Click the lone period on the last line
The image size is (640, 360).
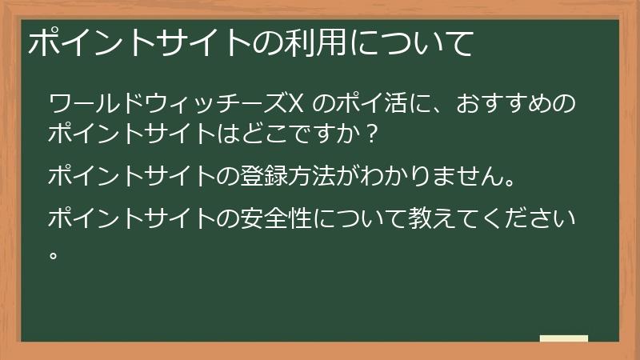tap(54, 254)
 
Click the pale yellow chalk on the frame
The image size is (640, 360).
tap(564, 338)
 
